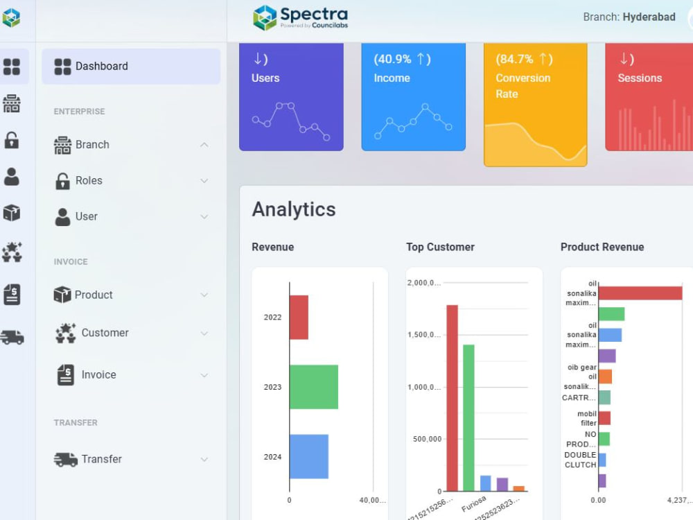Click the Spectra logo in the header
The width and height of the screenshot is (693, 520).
pyautogui.click(x=300, y=17)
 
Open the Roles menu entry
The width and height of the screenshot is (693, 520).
pyautogui.click(x=89, y=181)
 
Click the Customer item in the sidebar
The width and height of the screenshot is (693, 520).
pyautogui.click(x=105, y=333)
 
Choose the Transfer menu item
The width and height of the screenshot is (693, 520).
pyautogui.click(x=101, y=459)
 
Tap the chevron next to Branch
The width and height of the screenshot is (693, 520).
pyautogui.click(x=204, y=145)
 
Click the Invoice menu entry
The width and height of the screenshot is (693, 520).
pyautogui.click(x=98, y=374)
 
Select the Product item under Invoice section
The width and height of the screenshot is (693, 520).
pyautogui.click(x=94, y=295)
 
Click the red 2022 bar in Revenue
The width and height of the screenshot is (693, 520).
pyautogui.click(x=299, y=318)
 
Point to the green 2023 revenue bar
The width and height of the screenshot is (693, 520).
pyautogui.click(x=313, y=387)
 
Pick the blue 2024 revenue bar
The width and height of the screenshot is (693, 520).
pyautogui.click(x=308, y=456)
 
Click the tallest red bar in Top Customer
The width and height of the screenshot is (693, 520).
pyautogui.click(x=452, y=398)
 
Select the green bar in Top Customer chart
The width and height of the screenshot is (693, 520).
pyautogui.click(x=468, y=417)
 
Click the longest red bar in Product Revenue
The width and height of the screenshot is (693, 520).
pyautogui.click(x=640, y=293)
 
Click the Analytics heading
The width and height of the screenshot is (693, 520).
pyautogui.click(x=294, y=209)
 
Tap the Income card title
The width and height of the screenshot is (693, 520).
pyautogui.click(x=392, y=78)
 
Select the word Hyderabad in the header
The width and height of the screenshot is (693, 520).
pyautogui.click(x=649, y=17)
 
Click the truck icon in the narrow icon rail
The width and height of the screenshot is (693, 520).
pyautogui.click(x=12, y=337)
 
